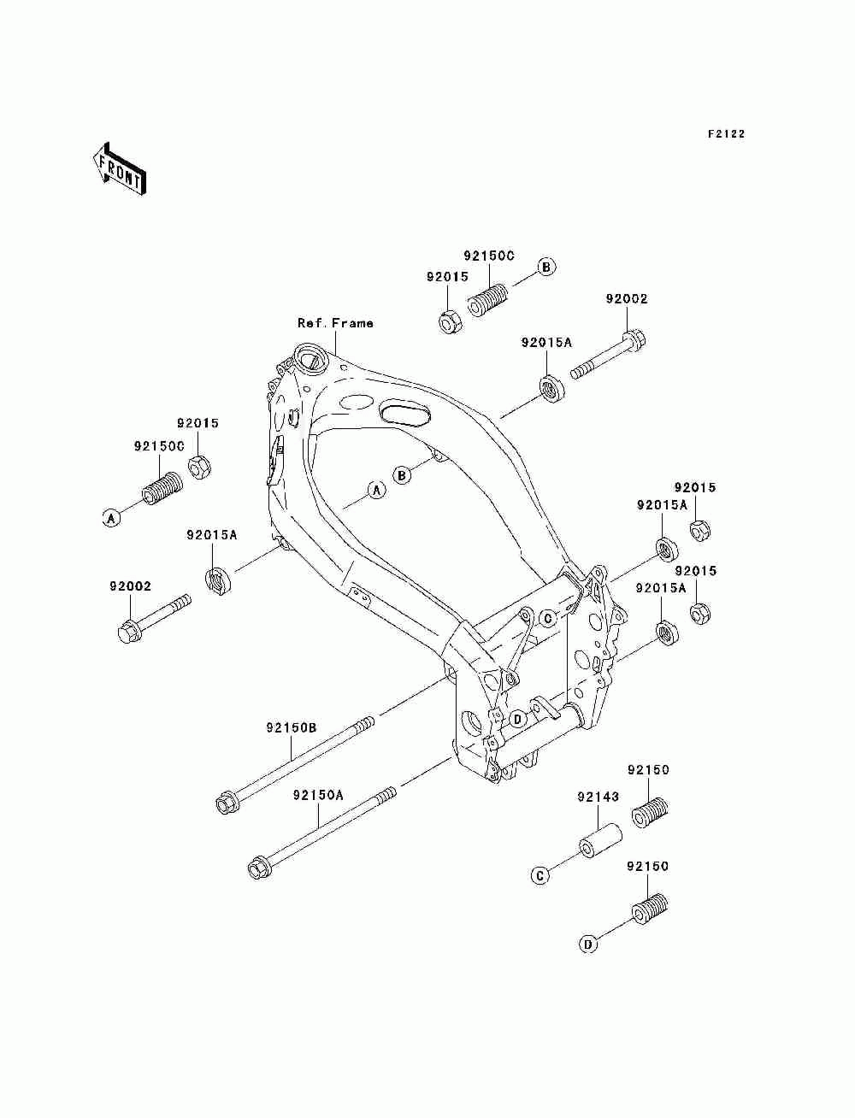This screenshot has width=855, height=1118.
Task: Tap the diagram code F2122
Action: point(726,134)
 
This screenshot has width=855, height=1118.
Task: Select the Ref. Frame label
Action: point(335,323)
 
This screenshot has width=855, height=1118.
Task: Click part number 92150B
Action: point(291,727)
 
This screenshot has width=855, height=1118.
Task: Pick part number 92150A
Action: point(318,795)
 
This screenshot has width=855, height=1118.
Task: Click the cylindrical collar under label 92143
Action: point(601,841)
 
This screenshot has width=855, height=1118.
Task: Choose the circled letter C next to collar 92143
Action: point(540,876)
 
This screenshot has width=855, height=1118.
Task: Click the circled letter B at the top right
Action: point(546,267)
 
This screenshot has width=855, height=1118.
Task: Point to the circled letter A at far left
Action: point(111,519)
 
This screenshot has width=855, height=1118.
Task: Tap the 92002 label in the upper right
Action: point(626,298)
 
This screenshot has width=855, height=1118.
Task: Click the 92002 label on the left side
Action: point(130,585)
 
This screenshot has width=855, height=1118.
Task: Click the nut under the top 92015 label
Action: point(451,321)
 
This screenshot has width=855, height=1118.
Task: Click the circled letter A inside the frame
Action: point(376,491)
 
